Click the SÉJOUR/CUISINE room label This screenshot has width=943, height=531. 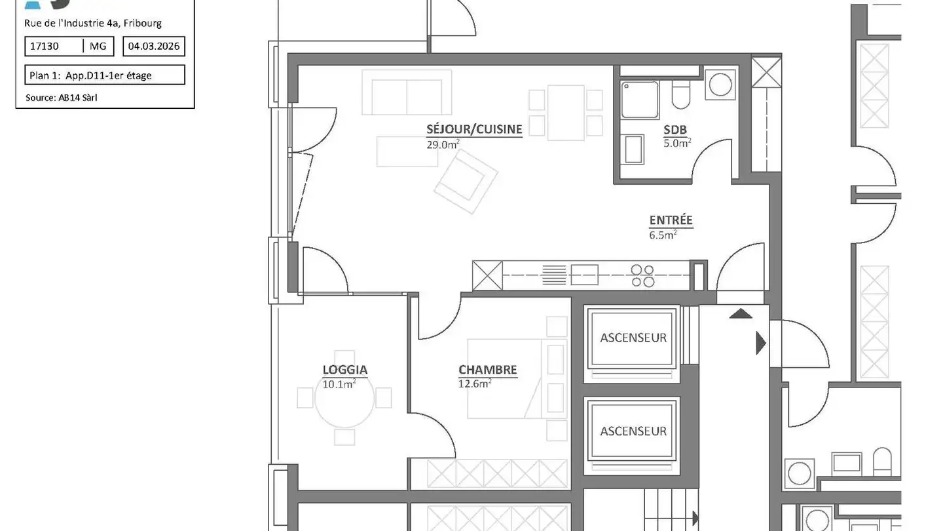(x=474, y=129)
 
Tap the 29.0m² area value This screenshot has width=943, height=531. (x=443, y=144)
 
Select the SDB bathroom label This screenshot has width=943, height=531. (x=675, y=130)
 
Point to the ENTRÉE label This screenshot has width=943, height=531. (x=671, y=220)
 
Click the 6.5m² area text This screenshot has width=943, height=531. (x=663, y=235)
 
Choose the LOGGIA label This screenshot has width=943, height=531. (x=344, y=370)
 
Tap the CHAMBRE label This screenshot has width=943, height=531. (x=487, y=370)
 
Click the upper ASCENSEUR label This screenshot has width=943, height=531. (x=633, y=338)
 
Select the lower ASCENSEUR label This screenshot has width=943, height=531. (x=633, y=431)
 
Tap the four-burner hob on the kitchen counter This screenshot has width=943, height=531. (x=642, y=275)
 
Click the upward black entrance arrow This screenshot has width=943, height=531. (x=741, y=313)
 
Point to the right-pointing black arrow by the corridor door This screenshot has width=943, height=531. (x=760, y=343)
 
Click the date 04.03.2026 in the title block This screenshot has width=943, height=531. (x=154, y=46)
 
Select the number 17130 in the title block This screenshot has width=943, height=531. (x=45, y=46)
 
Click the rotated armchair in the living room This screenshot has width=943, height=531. (x=466, y=181)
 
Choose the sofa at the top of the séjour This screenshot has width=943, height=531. (x=407, y=96)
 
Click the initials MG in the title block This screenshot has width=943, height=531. (x=98, y=46)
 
